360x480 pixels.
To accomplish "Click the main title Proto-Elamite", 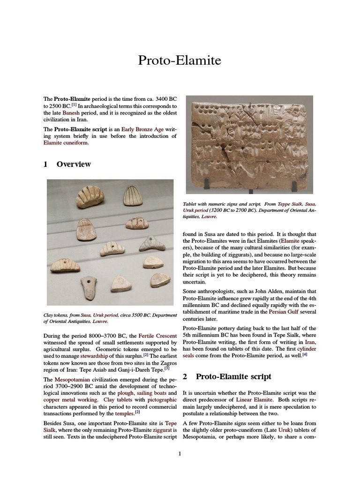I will click(180, 60).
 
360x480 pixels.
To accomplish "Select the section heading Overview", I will click(74, 164).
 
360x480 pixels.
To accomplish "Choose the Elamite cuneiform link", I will click(66, 143).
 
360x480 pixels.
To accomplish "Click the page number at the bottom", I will click(180, 453).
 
